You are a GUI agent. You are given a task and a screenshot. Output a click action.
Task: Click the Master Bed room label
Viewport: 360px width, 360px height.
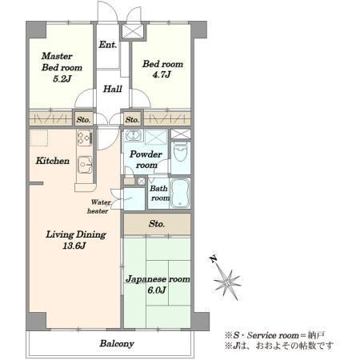tap(62, 62)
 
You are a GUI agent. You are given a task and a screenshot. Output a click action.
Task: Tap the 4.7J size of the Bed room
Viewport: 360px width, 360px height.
tap(162, 75)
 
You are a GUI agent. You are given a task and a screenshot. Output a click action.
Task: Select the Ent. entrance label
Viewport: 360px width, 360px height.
tap(108, 45)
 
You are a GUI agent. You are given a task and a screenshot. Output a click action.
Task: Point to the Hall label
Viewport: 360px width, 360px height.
tap(113, 89)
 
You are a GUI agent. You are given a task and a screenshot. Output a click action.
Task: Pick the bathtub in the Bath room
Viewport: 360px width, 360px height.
tap(180, 194)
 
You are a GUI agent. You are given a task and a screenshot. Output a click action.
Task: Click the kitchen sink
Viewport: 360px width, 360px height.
tap(85, 165)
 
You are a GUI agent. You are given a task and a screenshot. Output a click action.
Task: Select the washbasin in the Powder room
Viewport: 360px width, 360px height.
tap(132, 135)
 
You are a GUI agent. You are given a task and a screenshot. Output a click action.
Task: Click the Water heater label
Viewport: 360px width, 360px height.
tap(98, 206)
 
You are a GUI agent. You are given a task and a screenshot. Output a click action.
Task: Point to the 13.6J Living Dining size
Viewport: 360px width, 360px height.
tap(74, 246)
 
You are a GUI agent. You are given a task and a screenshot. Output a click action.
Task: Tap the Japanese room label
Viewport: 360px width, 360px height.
tap(158, 279)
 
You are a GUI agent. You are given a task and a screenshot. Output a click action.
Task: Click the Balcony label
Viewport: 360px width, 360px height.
tap(117, 344)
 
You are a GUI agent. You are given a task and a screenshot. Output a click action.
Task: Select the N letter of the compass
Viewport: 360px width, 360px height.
tap(214, 258)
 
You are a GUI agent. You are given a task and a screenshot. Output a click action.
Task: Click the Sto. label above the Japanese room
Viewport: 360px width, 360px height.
tap(157, 224)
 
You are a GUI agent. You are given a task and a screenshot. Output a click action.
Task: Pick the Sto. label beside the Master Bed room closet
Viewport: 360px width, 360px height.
tap(83, 120)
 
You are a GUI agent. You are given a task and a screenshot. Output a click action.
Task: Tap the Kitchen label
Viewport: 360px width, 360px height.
tap(53, 161)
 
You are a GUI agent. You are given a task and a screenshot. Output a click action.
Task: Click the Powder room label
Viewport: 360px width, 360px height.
tap(146, 159)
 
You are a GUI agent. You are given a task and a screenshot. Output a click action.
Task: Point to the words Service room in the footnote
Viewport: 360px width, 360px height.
tap(272, 335)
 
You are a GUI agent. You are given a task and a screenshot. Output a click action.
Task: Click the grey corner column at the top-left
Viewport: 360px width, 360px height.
tap(36, 30)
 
